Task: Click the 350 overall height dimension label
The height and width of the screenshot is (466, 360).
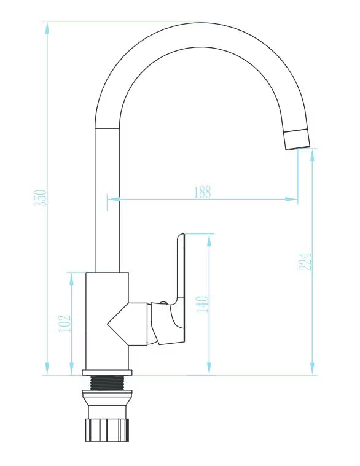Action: pyautogui.click(x=40, y=198)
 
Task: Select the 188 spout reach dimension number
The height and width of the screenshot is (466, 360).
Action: pyautogui.click(x=203, y=192)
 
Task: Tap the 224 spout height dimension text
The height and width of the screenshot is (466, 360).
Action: pyautogui.click(x=305, y=262)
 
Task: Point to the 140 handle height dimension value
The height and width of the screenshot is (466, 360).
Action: pyautogui.click(x=203, y=304)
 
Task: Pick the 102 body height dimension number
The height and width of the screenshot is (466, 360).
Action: pyautogui.click(x=65, y=324)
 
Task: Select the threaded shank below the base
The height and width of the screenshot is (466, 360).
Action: pyautogui.click(x=107, y=383)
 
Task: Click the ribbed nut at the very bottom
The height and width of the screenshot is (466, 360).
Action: pyautogui.click(x=107, y=430)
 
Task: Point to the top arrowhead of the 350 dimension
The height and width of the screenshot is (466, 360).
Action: pyautogui.click(x=47, y=28)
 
